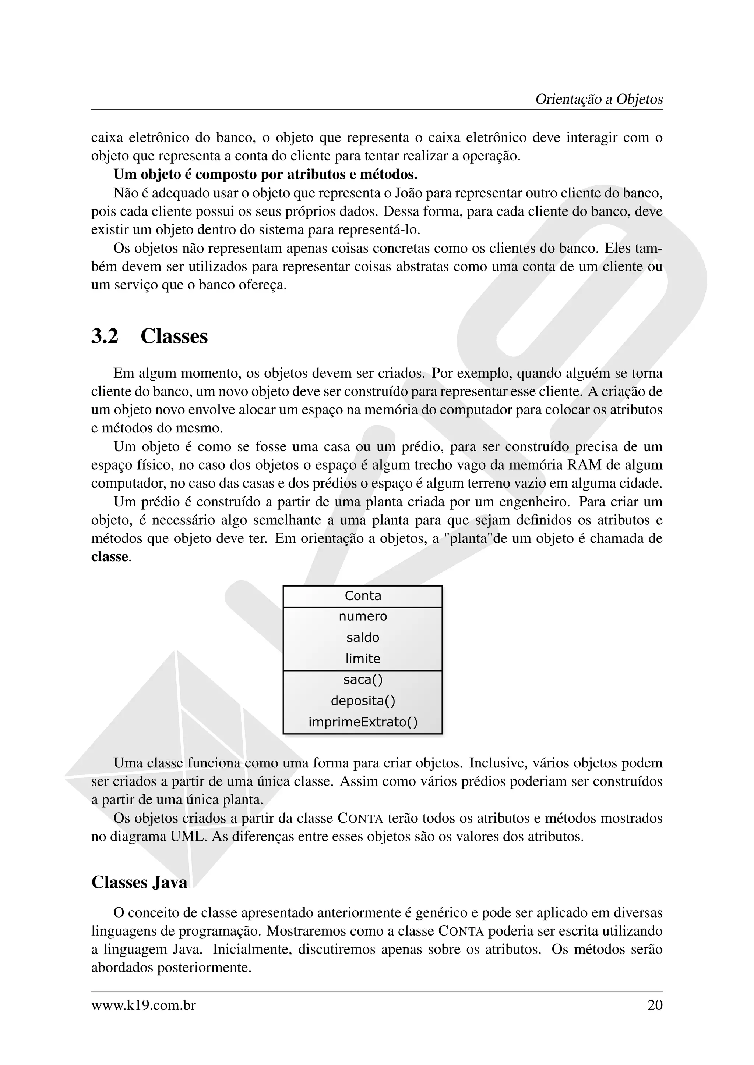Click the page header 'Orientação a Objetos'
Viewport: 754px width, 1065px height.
[x=599, y=99]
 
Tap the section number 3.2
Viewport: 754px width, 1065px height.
[x=105, y=336]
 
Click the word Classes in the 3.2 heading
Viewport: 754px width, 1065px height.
[x=174, y=336]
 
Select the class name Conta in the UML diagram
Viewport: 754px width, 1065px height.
[x=363, y=596]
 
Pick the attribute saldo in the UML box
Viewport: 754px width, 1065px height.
[x=363, y=638]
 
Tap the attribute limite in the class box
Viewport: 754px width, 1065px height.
[x=363, y=659]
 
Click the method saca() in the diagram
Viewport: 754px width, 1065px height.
[x=363, y=680]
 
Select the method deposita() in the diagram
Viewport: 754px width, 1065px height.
[x=363, y=701]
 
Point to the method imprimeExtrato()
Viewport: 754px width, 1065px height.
[x=363, y=722]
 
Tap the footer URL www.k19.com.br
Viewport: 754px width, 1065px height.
[x=144, y=1006]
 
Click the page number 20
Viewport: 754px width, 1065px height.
[x=655, y=1006]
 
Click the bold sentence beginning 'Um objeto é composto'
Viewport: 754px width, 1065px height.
[x=265, y=175]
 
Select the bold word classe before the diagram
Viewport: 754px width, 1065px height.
[x=110, y=557]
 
